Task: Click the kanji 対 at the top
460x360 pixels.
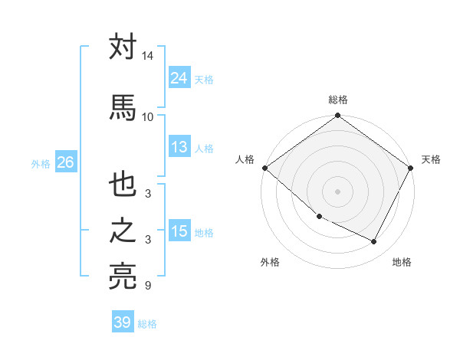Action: tap(123, 47)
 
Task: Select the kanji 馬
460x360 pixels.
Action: tap(123, 106)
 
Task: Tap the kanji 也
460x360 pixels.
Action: tap(123, 186)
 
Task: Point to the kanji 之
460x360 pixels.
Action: tap(123, 232)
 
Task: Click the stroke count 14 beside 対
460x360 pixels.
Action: tap(148, 57)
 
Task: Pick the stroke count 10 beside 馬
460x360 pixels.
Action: tap(148, 116)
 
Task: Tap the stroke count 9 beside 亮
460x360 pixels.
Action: tap(147, 286)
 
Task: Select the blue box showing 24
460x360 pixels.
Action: tap(179, 77)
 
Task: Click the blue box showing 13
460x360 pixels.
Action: tap(179, 147)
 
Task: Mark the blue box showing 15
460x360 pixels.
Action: tap(179, 231)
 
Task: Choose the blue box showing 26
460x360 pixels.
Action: tap(65, 162)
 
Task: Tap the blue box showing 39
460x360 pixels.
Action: tap(123, 322)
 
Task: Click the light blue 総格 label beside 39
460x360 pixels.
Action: tap(147, 324)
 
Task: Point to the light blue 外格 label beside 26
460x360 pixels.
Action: tap(41, 163)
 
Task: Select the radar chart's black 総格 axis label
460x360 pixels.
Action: tap(338, 100)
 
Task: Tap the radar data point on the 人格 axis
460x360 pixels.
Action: tap(264, 168)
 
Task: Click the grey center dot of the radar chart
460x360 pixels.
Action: tap(338, 191)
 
